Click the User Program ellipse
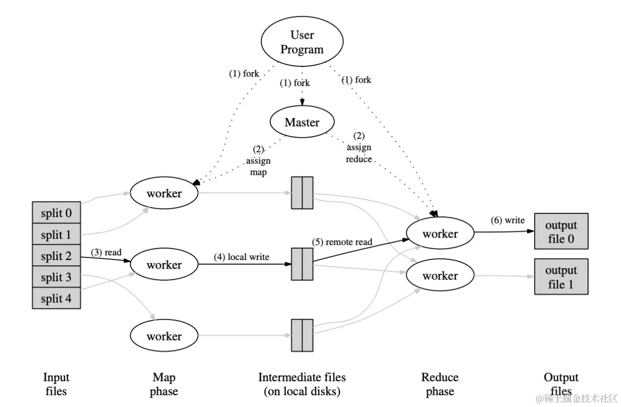coord(302,43)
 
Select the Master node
coord(302,122)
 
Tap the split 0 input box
coord(57,212)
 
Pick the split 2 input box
coord(57,255)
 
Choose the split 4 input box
coord(57,298)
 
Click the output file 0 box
coord(561,232)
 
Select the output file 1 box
coord(561,277)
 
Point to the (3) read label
coord(106,252)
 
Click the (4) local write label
coord(241,257)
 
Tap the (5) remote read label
coord(342,241)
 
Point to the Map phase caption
coord(164,384)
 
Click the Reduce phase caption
coord(440,384)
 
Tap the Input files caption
coord(56,384)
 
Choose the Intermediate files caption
coord(302,384)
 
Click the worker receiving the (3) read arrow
coord(164,265)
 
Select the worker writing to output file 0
coord(440,233)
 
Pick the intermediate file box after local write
coord(302,264)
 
